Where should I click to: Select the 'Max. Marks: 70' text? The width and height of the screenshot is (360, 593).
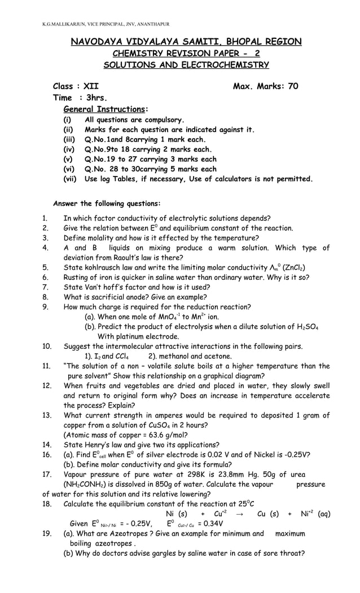click(x=265, y=86)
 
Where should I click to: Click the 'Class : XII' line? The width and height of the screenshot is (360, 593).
click(x=76, y=86)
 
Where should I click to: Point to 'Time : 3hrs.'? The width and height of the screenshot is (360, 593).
click(x=80, y=98)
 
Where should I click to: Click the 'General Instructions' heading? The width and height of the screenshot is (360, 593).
click(x=105, y=109)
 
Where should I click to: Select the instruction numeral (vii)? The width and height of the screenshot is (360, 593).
click(x=69, y=179)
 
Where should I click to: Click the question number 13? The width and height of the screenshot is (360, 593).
click(x=47, y=415)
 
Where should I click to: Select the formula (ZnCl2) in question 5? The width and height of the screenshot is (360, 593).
click(x=293, y=267)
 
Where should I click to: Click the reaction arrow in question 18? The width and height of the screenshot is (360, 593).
click(x=239, y=514)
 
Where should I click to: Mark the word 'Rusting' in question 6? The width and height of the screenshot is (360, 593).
click(x=77, y=277)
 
